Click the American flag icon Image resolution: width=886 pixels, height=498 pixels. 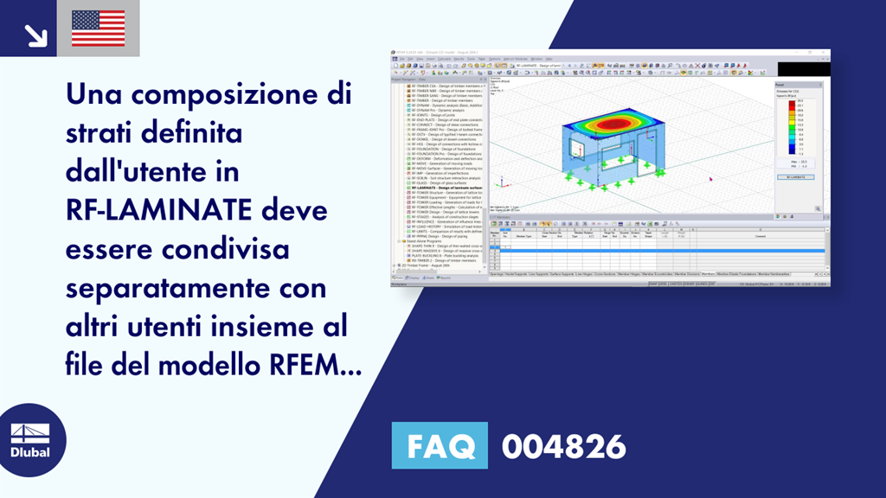pyautogui.click(x=98, y=28)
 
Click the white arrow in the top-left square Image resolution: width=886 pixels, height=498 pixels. pyautogui.click(x=35, y=34)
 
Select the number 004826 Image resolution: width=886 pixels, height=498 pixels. pyautogui.click(x=563, y=446)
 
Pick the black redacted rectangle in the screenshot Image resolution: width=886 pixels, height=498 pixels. pyautogui.click(x=803, y=68)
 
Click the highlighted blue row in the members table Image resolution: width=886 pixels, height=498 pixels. pyautogui.click(x=658, y=250)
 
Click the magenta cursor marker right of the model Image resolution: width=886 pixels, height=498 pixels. pyautogui.click(x=710, y=179)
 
